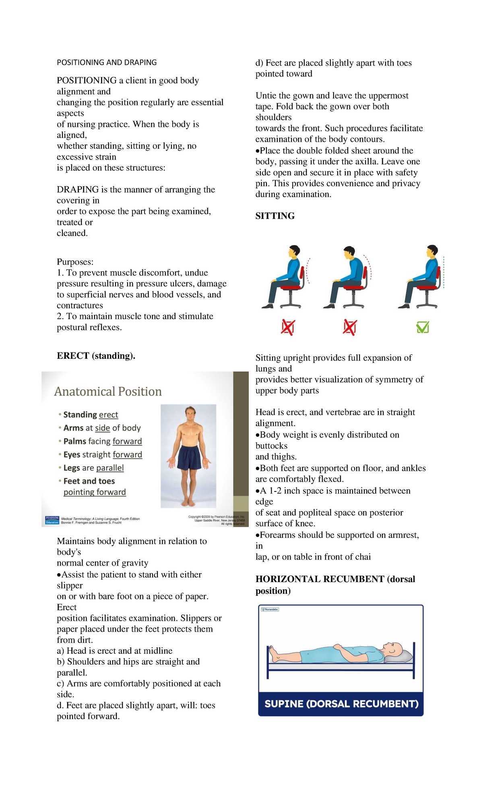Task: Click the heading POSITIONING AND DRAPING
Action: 107,62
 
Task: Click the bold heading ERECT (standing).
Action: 96,356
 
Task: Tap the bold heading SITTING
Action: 275,216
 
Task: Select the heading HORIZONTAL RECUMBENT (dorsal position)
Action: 335,585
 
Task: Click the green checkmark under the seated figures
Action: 423,327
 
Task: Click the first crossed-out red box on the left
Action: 288,328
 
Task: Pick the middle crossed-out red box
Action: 349,328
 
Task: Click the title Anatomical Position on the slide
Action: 108,392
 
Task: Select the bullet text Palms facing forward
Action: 103,441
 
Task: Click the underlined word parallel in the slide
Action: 110,468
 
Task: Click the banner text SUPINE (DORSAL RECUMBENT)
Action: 341,704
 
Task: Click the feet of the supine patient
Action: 274,654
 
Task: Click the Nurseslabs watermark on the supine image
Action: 270,609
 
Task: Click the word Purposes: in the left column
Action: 75,262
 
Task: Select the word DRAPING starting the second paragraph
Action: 78,190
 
